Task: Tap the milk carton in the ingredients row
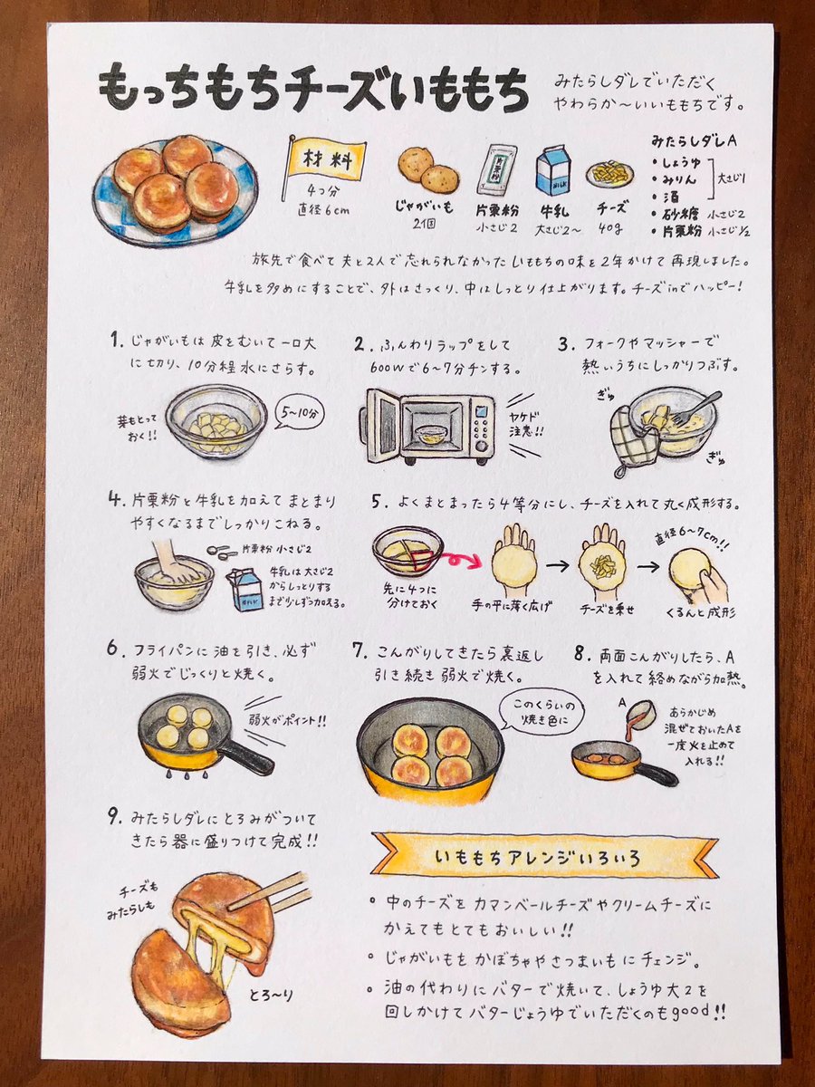(553, 171)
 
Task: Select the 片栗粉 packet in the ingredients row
(496, 168)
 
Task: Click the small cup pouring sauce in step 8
(640, 713)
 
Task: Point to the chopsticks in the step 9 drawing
(272, 892)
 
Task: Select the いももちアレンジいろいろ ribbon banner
(545, 854)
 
